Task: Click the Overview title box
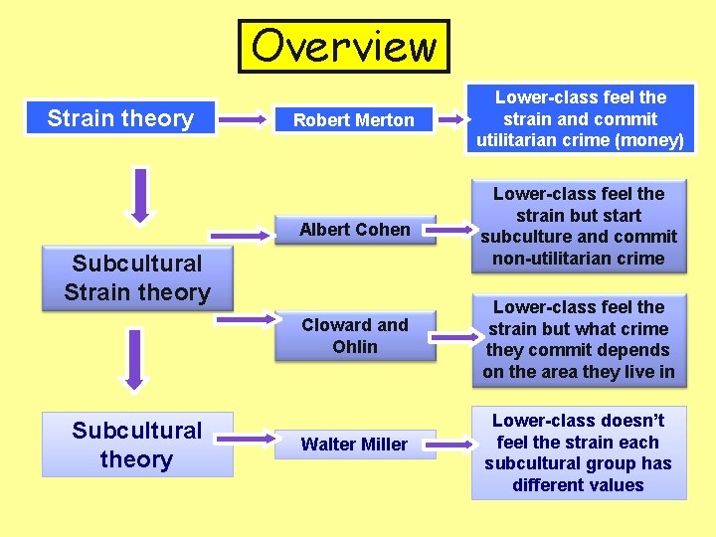pos(343,47)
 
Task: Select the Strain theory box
pos(120,118)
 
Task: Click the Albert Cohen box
pos(354,230)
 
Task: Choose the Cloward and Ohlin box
pos(354,335)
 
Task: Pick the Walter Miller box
pos(354,445)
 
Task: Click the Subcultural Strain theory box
pos(137,278)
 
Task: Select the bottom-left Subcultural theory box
pos(137,445)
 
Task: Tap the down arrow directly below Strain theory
pos(140,195)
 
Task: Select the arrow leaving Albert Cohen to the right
pos(452,231)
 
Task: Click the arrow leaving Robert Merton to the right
pos(452,120)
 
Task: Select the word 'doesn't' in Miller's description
pos(625,420)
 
